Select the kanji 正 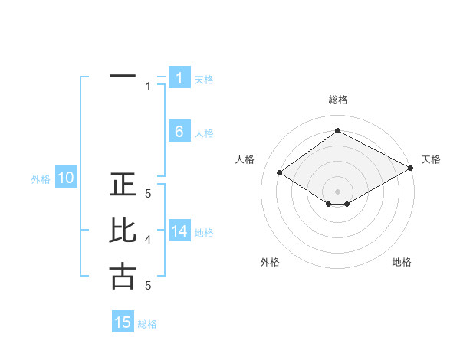pos(123,186)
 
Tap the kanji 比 pos(123,231)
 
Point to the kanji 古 pos(123,276)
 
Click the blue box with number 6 pos(179,132)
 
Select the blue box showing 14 pos(179,231)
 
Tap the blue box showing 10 pos(66,178)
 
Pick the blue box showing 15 pos(123,322)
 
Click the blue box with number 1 pos(179,77)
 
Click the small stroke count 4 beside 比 pos(148,240)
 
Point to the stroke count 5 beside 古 pos(148,285)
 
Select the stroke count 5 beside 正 pos(148,195)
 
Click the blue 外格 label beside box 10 pos(41,179)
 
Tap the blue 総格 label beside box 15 pos(147,323)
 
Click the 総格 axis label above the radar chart pos(337,100)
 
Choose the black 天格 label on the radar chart pos(431,159)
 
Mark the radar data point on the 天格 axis pos(412,169)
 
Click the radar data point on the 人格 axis pos(280,173)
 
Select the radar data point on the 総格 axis pos(337,131)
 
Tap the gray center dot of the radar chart pos(337,191)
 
